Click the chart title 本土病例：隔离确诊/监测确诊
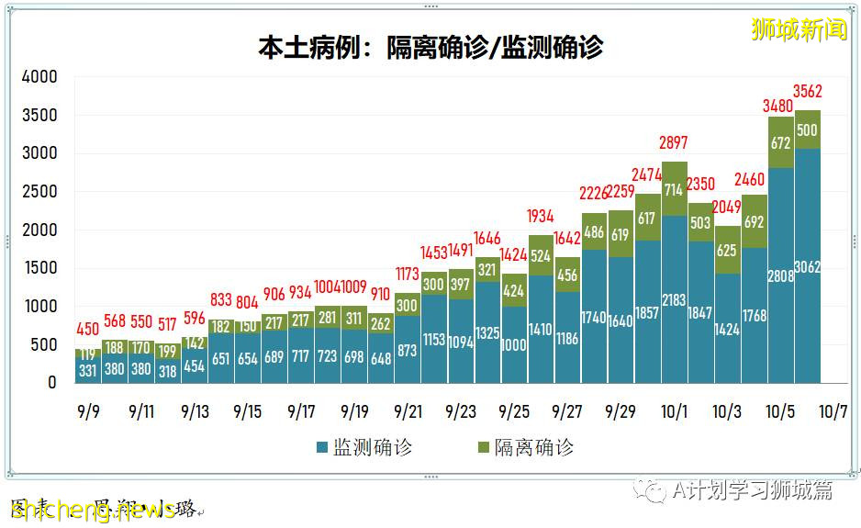430,47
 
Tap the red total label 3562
808,91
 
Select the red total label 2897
674,143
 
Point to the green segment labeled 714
674,189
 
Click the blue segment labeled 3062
808,266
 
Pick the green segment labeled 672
781,143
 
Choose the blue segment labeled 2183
674,299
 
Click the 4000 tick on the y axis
39,77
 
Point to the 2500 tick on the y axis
39,192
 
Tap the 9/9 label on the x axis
88,411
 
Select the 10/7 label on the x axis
833,411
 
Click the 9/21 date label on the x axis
408,411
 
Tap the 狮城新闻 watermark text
799,29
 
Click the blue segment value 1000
514,345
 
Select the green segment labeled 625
728,250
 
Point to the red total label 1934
541,217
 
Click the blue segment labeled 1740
594,317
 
